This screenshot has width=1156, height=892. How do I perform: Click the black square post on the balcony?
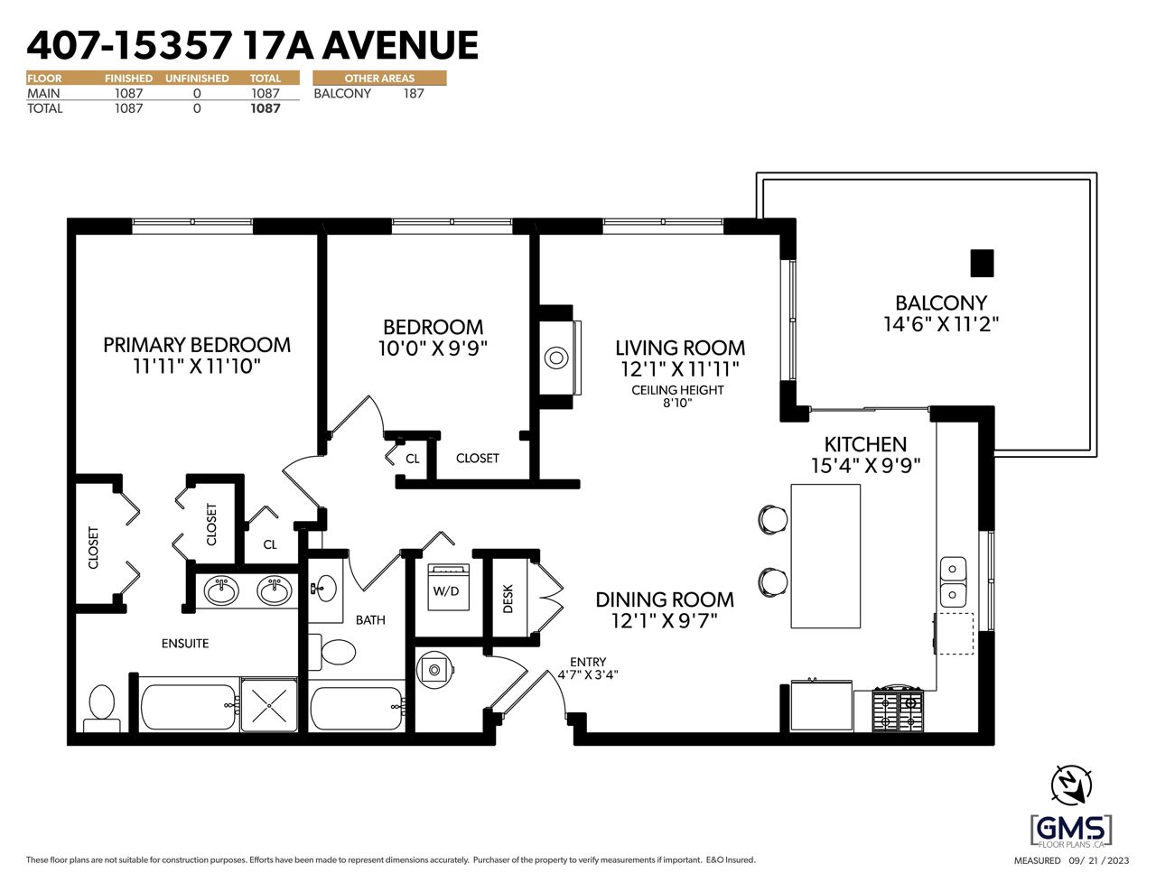point(982,263)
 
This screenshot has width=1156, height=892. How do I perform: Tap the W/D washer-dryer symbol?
point(449,587)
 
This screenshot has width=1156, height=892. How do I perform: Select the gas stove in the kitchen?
point(898,709)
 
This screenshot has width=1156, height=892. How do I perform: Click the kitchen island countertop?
point(825,556)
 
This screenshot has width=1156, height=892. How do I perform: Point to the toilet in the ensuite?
point(102,708)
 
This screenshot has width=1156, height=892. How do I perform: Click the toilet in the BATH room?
point(332,652)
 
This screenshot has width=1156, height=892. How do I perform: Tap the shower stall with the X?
point(269,705)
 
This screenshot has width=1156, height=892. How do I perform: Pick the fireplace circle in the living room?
point(556,358)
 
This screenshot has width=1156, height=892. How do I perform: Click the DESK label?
point(508,599)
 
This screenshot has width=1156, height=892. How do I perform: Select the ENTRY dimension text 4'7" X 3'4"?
point(588,675)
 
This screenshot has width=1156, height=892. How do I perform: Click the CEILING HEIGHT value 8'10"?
point(677,403)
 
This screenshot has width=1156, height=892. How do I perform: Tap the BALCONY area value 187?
point(414,94)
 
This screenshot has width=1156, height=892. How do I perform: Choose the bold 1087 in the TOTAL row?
point(265,108)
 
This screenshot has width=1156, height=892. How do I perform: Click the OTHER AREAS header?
point(379,79)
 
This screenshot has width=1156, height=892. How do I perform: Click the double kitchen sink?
point(954,582)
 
